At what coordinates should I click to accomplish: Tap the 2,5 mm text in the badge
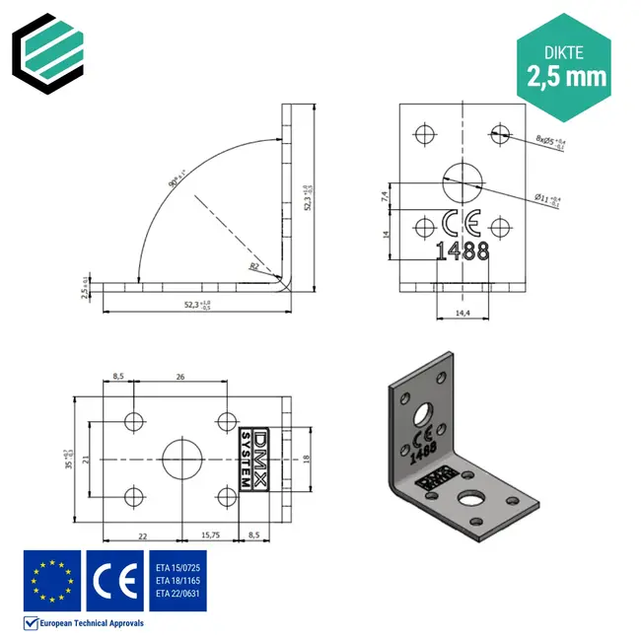pyautogui.click(x=566, y=76)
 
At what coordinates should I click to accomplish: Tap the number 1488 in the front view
pyautogui.click(x=462, y=251)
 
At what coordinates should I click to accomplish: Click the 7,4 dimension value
pyautogui.click(x=384, y=196)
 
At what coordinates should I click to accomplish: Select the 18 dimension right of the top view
pyautogui.click(x=307, y=459)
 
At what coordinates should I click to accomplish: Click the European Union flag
pyautogui.click(x=52, y=582)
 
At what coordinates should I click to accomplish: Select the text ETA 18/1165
pyautogui.click(x=178, y=582)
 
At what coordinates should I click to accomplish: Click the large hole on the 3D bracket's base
pyautogui.click(x=474, y=498)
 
